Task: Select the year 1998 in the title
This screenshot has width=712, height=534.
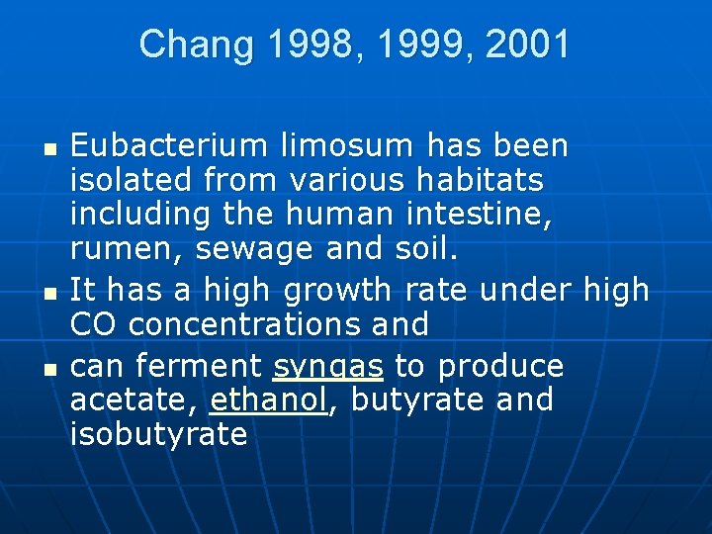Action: point(294,44)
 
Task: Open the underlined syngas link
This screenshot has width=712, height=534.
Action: point(327,367)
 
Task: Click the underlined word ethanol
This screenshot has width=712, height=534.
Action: point(268,400)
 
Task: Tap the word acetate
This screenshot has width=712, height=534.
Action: point(133,400)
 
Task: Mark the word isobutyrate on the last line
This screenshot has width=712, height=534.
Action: point(159,435)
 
